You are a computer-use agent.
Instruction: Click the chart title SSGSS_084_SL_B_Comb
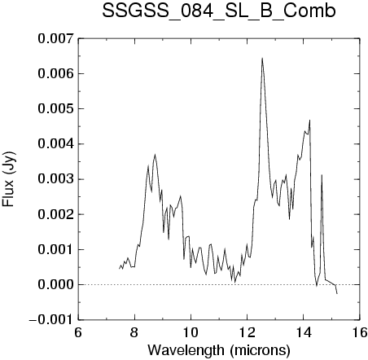point(219,11)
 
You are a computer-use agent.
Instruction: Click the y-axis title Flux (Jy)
point(8,179)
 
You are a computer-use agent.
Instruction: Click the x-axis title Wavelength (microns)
point(219,350)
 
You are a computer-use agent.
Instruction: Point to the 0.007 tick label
point(55,38)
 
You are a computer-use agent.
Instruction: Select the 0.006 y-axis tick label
point(55,73)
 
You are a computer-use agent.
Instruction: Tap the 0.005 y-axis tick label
point(55,109)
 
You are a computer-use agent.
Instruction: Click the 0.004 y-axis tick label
point(55,144)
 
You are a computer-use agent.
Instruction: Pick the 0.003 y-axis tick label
point(55,179)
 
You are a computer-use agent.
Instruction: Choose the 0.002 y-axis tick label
point(55,214)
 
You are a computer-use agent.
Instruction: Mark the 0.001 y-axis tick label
point(55,249)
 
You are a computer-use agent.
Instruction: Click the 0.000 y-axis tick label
point(55,285)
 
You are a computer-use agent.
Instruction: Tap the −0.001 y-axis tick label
point(51,320)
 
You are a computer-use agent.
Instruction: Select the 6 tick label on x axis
point(78,332)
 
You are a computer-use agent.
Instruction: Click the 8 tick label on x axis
point(134,332)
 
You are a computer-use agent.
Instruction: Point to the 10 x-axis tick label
point(191,332)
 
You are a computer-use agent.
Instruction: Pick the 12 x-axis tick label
point(248,332)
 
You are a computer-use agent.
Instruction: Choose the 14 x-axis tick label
point(304,332)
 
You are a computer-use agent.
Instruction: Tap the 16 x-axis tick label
point(360,332)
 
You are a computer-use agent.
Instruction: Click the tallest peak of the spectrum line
point(262,59)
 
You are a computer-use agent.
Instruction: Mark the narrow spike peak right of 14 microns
point(322,175)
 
